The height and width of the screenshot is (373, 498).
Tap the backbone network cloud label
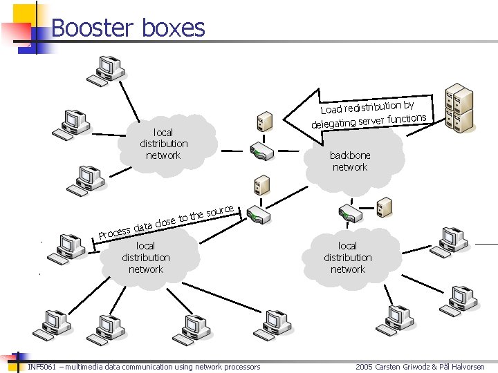click(350, 162)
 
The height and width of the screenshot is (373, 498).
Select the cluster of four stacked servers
click(458, 107)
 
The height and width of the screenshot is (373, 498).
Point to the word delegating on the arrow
click(333, 124)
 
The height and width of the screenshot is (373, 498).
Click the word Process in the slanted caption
click(114, 232)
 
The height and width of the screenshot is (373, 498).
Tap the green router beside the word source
click(260, 215)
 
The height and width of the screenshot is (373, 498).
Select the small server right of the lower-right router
click(385, 206)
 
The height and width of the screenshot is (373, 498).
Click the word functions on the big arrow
click(407, 119)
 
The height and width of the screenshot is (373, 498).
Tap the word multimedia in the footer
click(88, 367)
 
